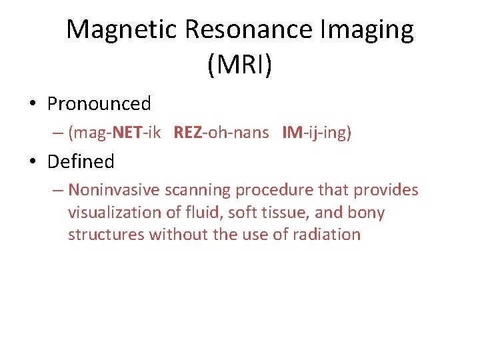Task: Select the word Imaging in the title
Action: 365,31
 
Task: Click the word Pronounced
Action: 99,104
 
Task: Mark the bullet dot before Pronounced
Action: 33,105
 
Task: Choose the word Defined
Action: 81,161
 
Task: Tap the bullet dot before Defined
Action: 33,162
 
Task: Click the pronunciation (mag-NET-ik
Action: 114,133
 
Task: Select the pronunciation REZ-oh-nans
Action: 221,133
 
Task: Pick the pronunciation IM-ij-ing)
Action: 317,133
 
